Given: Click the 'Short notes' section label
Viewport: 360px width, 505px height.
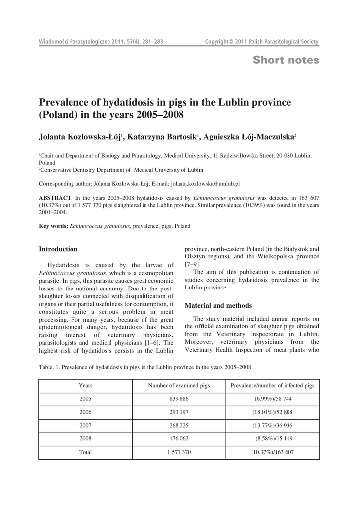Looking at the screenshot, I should click(286, 60).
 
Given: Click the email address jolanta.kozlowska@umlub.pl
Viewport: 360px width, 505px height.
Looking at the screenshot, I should click(205, 184).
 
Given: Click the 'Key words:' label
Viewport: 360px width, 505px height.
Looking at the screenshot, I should click(53, 226).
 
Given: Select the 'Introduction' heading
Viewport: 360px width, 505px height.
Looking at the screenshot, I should click(58, 249).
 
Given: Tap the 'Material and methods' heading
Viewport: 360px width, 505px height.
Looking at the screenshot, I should click(218, 305).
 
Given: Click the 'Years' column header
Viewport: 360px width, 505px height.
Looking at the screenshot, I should click(85, 385).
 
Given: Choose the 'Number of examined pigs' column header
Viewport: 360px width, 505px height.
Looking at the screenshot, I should click(179, 385).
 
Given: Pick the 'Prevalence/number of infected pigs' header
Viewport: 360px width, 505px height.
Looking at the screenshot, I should click(272, 385).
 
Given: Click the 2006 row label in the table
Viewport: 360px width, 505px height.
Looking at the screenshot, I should click(85, 412).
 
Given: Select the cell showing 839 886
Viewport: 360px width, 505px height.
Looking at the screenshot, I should click(179, 398).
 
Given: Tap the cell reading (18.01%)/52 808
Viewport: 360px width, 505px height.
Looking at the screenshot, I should click(272, 412).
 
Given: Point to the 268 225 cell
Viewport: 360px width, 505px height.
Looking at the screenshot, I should click(179, 425).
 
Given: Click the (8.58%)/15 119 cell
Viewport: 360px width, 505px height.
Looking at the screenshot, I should click(272, 438).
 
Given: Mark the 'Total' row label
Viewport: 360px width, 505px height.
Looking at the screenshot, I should click(85, 452).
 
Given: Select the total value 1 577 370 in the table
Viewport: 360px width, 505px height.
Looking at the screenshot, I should click(179, 452).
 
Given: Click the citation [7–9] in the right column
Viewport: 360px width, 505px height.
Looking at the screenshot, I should click(192, 265).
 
